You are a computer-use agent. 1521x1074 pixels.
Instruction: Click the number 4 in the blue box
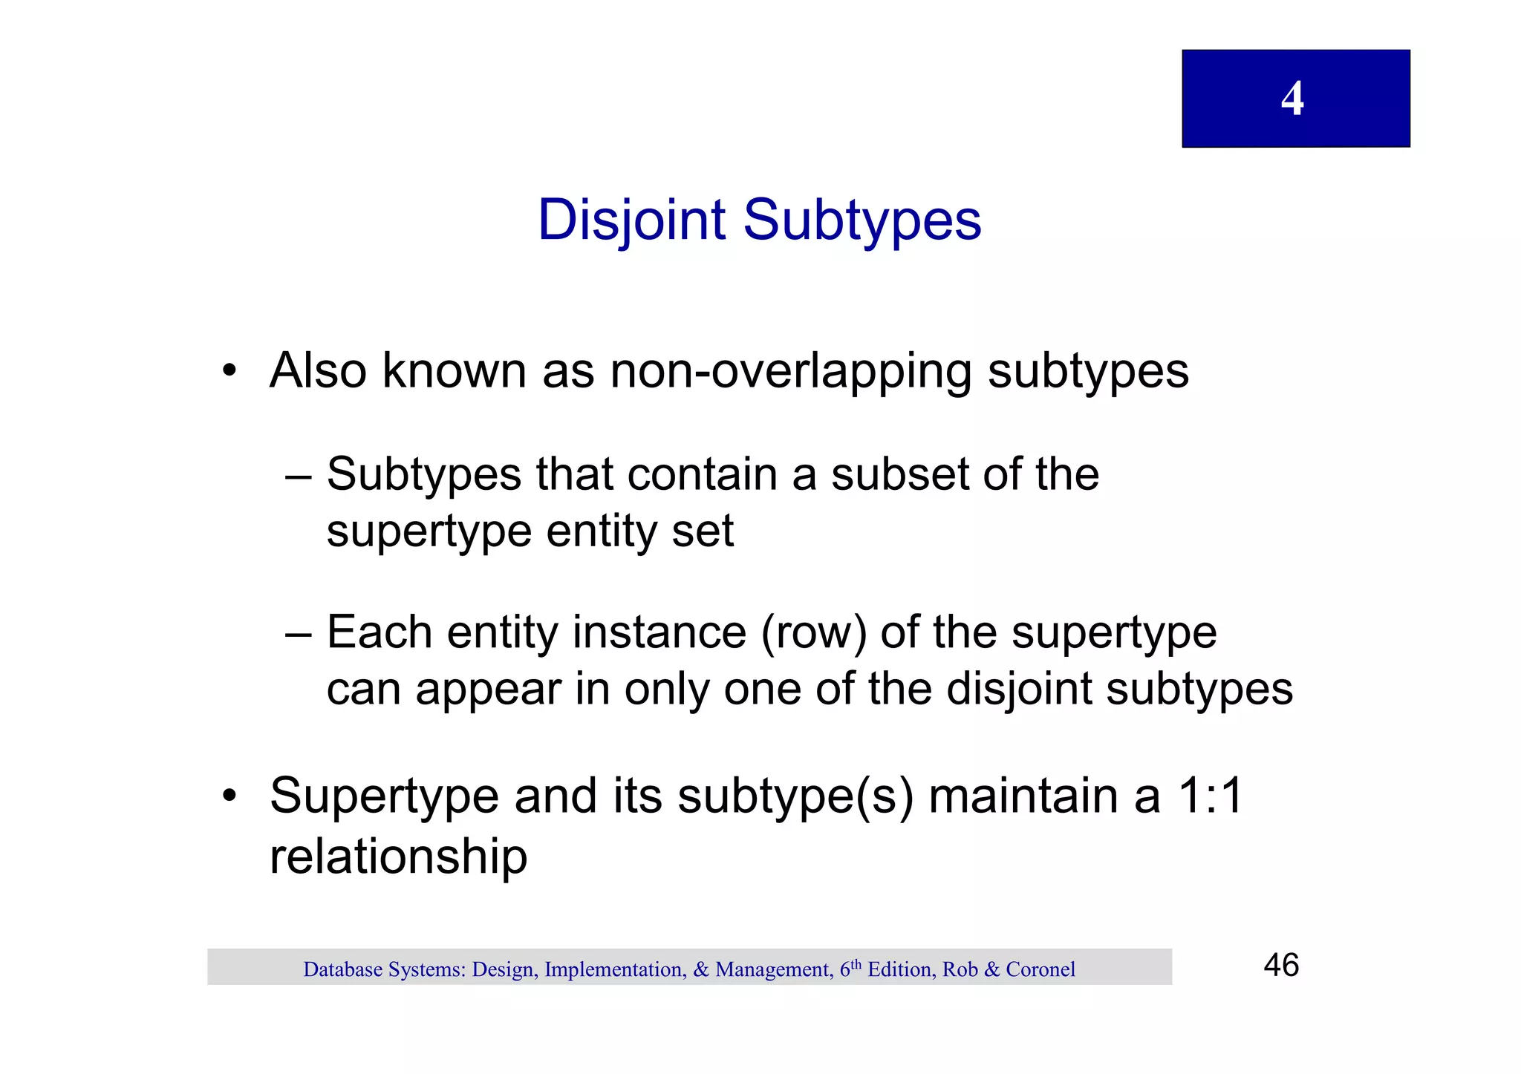click(1292, 98)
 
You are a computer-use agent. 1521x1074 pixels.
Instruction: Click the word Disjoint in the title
click(631, 220)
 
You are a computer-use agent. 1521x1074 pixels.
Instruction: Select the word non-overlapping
click(790, 370)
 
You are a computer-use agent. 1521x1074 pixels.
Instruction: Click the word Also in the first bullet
click(318, 370)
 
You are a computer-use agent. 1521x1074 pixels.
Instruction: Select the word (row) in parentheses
click(813, 633)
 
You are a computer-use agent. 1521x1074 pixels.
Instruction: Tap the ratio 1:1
click(1211, 796)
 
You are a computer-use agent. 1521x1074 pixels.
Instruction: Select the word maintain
click(1043, 796)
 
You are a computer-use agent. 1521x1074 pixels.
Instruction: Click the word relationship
click(398, 857)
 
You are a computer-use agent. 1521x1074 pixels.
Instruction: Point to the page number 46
click(1281, 966)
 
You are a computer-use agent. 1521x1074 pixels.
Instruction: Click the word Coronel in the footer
click(1040, 969)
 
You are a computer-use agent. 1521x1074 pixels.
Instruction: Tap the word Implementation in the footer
click(614, 969)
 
